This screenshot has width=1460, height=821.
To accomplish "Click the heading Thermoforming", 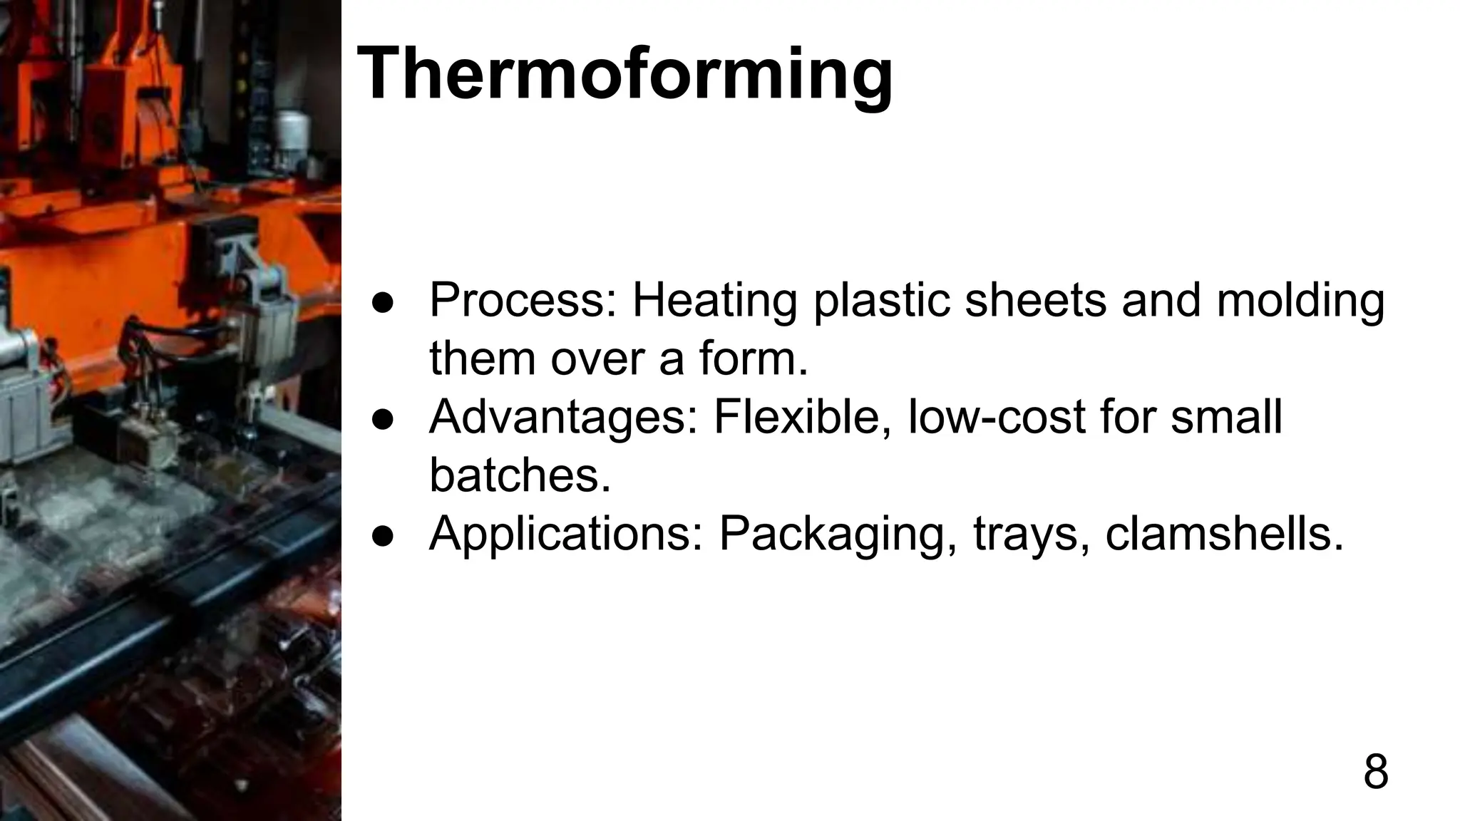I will [624, 75].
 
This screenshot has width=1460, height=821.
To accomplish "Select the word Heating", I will [715, 300].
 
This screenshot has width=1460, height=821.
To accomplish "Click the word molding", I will [1300, 300].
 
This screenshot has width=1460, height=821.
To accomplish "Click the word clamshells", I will [1224, 534].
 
